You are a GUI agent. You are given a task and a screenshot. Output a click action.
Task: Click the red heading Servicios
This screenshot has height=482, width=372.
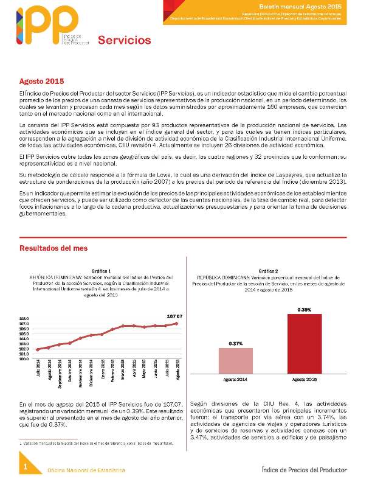pos(124,41)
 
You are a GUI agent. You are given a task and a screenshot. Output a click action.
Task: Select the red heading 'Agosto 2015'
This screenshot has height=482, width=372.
pos(41,82)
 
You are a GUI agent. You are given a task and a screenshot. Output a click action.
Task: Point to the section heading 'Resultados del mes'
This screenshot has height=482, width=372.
pos(53,248)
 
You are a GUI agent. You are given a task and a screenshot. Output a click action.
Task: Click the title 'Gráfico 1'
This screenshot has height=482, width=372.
pos(101,270)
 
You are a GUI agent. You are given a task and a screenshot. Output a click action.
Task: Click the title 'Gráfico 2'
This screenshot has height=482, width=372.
pos(268,270)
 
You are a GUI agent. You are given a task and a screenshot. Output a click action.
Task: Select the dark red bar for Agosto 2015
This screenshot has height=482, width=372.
pos(305,343)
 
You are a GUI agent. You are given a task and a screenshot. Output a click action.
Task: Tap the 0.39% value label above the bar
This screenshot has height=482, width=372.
pos(305,310)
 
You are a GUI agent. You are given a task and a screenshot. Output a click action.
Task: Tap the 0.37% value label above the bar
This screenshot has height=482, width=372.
pos(236,344)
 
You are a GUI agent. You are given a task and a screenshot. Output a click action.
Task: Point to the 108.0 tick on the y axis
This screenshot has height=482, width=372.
pos(24,318)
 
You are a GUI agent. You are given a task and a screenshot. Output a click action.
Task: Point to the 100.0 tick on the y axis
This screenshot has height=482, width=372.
pos(24,358)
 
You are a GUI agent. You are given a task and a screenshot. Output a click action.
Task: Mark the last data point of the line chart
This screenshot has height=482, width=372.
pos(176,323)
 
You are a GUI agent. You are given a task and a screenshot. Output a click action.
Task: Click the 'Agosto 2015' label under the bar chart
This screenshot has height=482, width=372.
pos(305,379)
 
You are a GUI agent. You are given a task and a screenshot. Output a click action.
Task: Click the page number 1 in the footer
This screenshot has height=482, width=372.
pos(26,467)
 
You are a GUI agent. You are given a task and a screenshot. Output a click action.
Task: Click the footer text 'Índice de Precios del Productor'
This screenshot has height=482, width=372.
pos(303,470)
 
